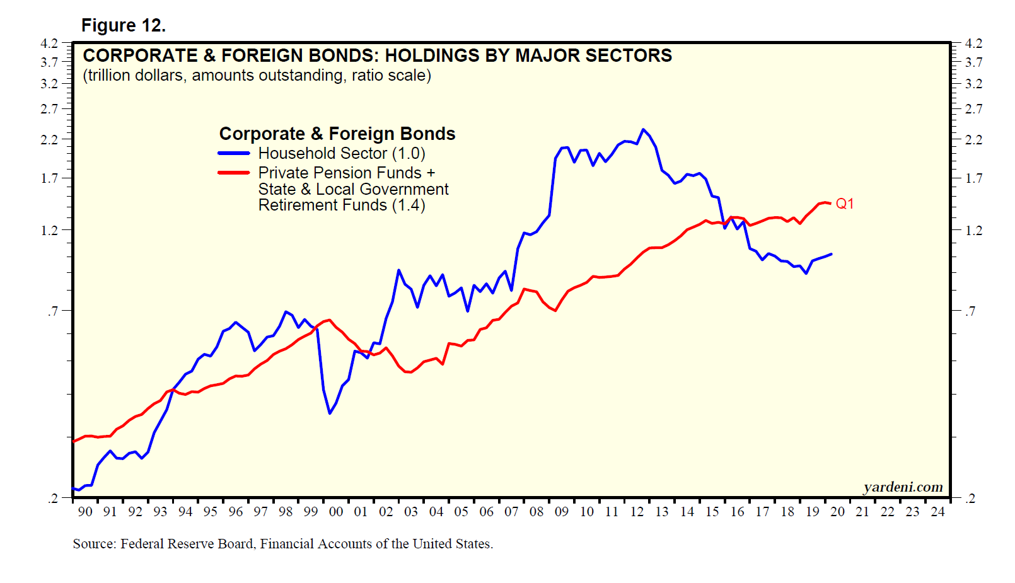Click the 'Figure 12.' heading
[124, 25]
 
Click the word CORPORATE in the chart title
[141, 55]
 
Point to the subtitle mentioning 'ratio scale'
[257, 76]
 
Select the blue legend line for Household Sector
[234, 153]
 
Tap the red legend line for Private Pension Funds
[234, 173]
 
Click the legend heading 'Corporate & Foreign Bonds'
[337, 134]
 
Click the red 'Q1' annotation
[844, 204]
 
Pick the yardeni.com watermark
[903, 487]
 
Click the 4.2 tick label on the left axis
[49, 43]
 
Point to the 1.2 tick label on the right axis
[973, 231]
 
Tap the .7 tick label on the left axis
[52, 311]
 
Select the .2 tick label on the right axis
[971, 499]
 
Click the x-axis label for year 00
[336, 512]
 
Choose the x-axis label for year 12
[637, 512]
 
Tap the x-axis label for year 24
[937, 512]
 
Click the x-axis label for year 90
[85, 512]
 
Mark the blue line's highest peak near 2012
[643, 130]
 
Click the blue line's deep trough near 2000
[330, 413]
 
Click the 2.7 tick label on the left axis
[49, 109]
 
